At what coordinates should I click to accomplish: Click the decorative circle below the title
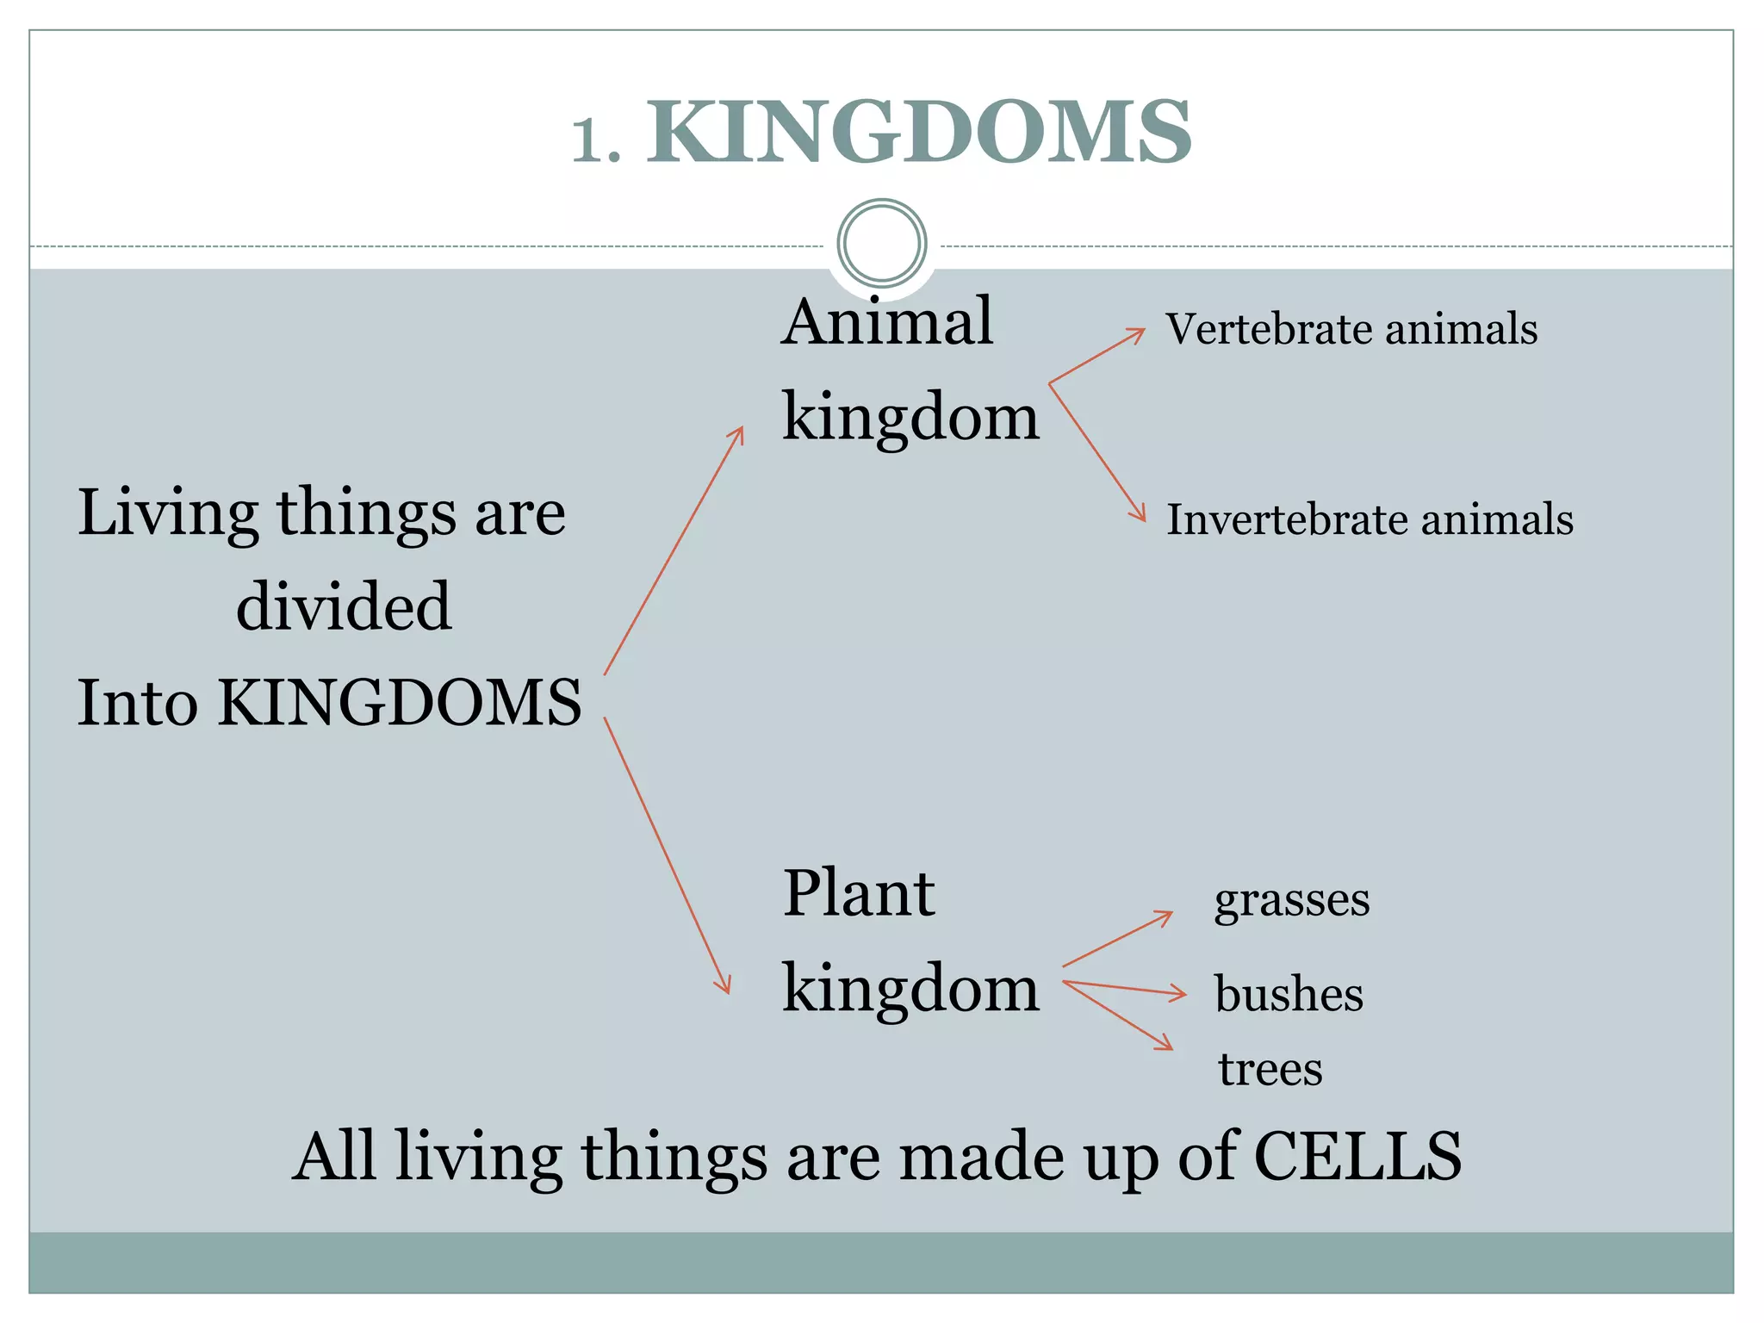[x=881, y=243]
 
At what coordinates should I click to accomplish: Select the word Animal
[x=887, y=321]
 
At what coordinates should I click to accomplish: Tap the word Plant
[x=858, y=893]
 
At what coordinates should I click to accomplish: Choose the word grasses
[x=1291, y=902]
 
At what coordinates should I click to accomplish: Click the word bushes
[x=1289, y=994]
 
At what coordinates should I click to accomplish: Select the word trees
[x=1270, y=1069]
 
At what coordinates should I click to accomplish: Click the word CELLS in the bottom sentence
[x=1357, y=1156]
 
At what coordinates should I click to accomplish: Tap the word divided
[x=344, y=606]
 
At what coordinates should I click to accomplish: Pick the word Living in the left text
[x=168, y=514]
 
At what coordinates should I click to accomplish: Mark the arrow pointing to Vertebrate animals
[x=1096, y=356]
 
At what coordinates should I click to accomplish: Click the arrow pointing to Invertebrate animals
[x=1096, y=452]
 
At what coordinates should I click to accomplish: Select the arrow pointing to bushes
[x=1124, y=989]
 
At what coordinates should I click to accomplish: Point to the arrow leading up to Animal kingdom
[x=674, y=551]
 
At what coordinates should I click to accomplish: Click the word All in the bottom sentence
[x=334, y=1156]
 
